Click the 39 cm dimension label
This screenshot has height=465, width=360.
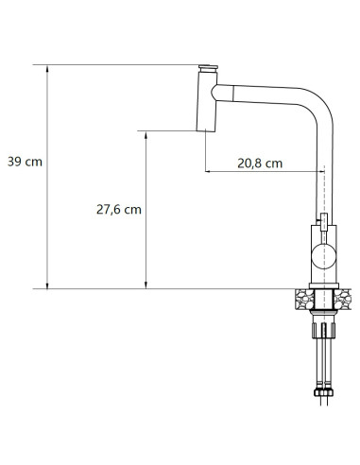(25, 162)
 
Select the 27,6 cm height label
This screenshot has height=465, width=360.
(118, 210)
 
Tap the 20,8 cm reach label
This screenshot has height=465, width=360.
(260, 163)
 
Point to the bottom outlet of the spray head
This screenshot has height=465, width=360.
(205, 129)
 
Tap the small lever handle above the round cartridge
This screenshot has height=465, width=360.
(323, 222)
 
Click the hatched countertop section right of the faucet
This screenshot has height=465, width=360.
(346, 299)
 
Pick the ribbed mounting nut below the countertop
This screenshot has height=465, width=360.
(323, 330)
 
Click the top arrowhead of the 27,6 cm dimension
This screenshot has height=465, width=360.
(146, 134)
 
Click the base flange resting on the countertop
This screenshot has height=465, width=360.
(323, 285)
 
